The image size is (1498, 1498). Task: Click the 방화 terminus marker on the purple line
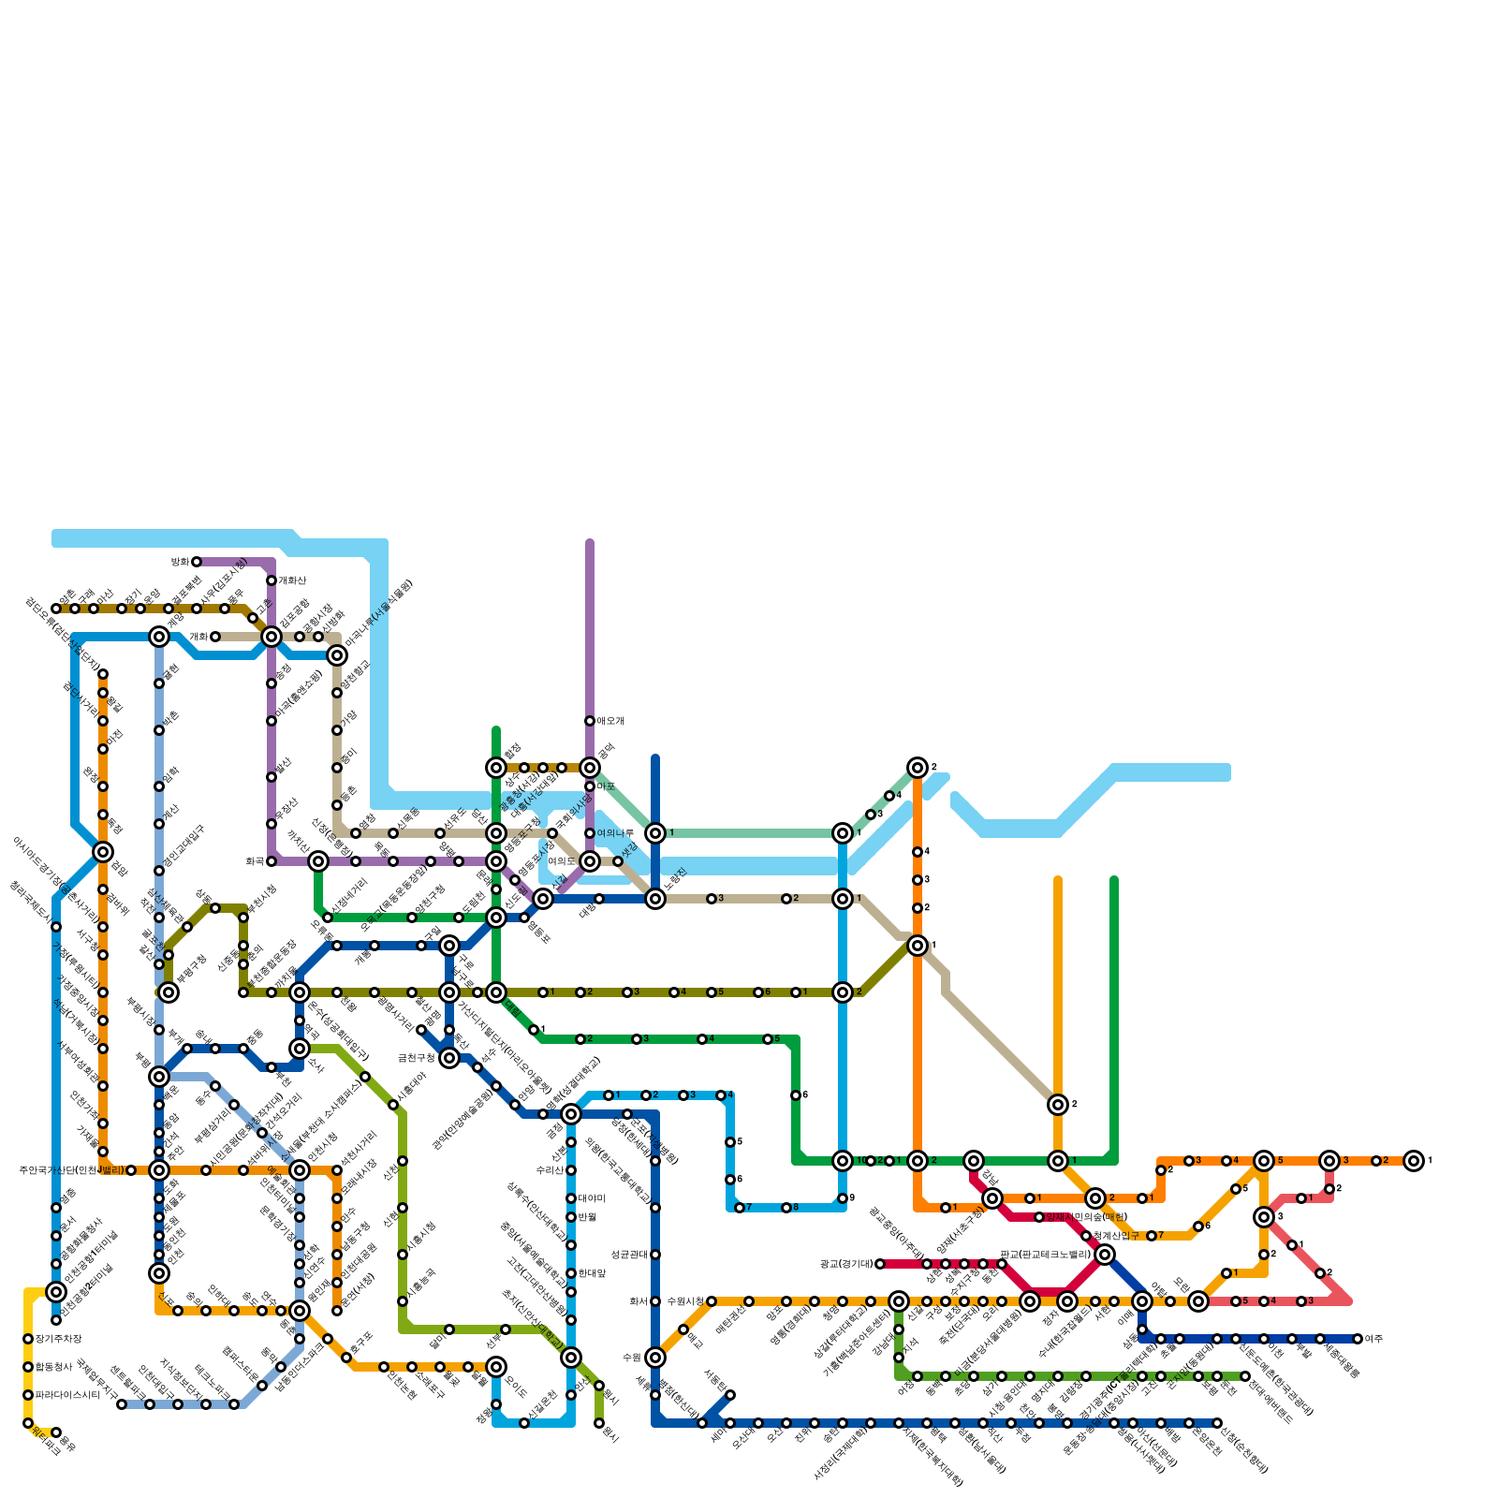[x=197, y=562]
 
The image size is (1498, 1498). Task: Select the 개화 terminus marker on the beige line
[x=215, y=637]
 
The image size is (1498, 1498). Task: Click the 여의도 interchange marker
[x=590, y=861]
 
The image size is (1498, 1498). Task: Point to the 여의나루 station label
[x=615, y=833]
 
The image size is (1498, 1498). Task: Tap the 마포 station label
[x=606, y=786]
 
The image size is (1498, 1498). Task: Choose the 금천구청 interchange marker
[x=449, y=1058]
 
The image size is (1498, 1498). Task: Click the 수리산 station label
[x=550, y=1170]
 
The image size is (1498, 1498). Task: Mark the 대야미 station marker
[x=571, y=1198]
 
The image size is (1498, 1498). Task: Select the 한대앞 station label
[x=593, y=1273]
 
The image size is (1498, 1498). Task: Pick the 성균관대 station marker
[x=655, y=1255]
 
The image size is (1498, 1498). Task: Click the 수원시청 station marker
[x=712, y=1301]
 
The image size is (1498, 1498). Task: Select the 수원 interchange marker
[x=655, y=1358]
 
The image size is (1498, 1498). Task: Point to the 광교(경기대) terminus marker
[x=880, y=1264]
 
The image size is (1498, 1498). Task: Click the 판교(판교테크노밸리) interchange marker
[x=1105, y=1255]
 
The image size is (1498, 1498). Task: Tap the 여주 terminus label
[x=1374, y=1339]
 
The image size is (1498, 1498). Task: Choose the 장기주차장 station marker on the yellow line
[x=28, y=1339]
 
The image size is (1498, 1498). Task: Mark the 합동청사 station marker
[x=28, y=1367]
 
